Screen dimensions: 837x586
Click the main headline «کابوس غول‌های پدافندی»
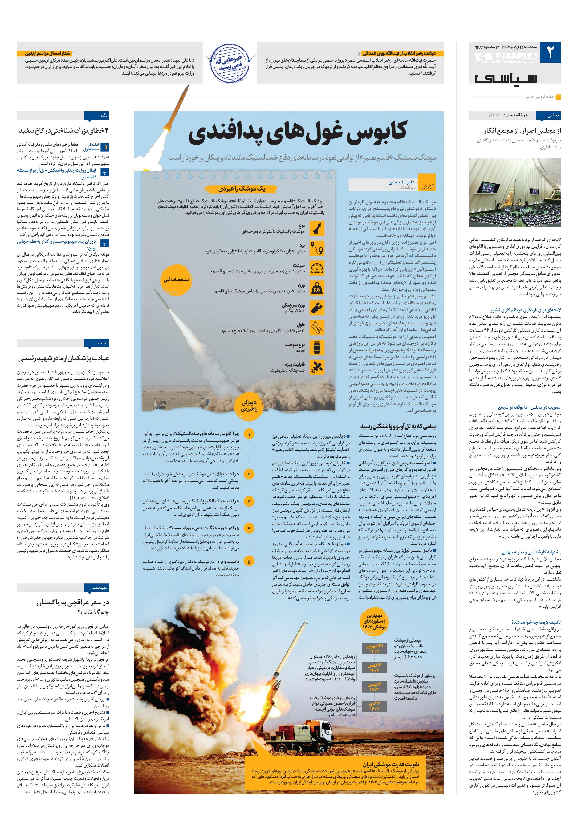coord(297,132)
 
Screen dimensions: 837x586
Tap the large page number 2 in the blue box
coord(550,52)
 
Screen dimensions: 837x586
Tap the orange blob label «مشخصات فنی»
coord(176,280)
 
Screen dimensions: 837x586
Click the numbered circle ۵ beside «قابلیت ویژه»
coord(249,562)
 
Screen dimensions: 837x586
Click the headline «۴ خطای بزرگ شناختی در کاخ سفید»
coord(64,130)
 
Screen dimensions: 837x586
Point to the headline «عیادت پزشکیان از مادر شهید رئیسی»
coord(64,358)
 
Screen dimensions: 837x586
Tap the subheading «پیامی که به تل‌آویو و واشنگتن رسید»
coord(398,426)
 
